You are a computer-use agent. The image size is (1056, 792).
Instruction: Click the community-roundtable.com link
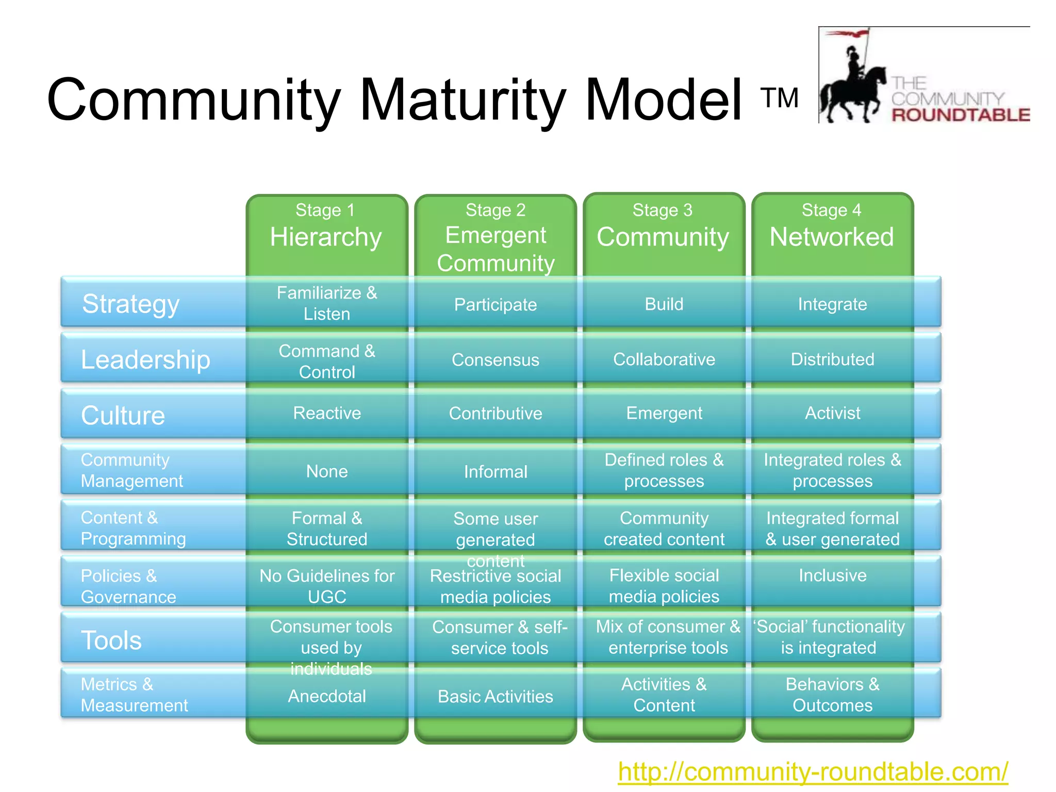click(813, 772)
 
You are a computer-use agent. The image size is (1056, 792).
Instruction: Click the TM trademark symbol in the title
click(779, 98)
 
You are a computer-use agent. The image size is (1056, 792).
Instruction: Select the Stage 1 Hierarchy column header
click(326, 227)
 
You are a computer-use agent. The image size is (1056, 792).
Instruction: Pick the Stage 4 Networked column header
click(832, 227)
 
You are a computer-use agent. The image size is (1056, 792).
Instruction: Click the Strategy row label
click(131, 303)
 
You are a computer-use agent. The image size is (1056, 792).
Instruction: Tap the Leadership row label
click(145, 359)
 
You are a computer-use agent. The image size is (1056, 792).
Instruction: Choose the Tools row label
click(111, 640)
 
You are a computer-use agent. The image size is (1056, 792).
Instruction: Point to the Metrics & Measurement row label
click(134, 695)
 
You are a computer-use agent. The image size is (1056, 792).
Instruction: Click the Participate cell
click(496, 304)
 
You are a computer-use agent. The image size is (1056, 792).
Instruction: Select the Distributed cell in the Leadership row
click(832, 359)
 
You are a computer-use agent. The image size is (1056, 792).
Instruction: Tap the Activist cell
click(832, 413)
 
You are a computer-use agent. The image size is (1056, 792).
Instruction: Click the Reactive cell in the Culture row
click(327, 413)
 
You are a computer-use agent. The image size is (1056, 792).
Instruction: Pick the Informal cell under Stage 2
click(496, 471)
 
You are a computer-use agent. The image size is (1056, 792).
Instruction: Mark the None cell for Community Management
click(327, 471)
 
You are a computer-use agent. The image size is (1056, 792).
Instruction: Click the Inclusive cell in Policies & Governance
click(832, 575)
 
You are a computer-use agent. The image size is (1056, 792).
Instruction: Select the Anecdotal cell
click(327, 696)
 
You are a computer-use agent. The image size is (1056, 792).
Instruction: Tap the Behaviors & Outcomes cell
click(832, 695)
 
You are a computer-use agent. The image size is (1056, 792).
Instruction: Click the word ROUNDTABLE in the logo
click(961, 114)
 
